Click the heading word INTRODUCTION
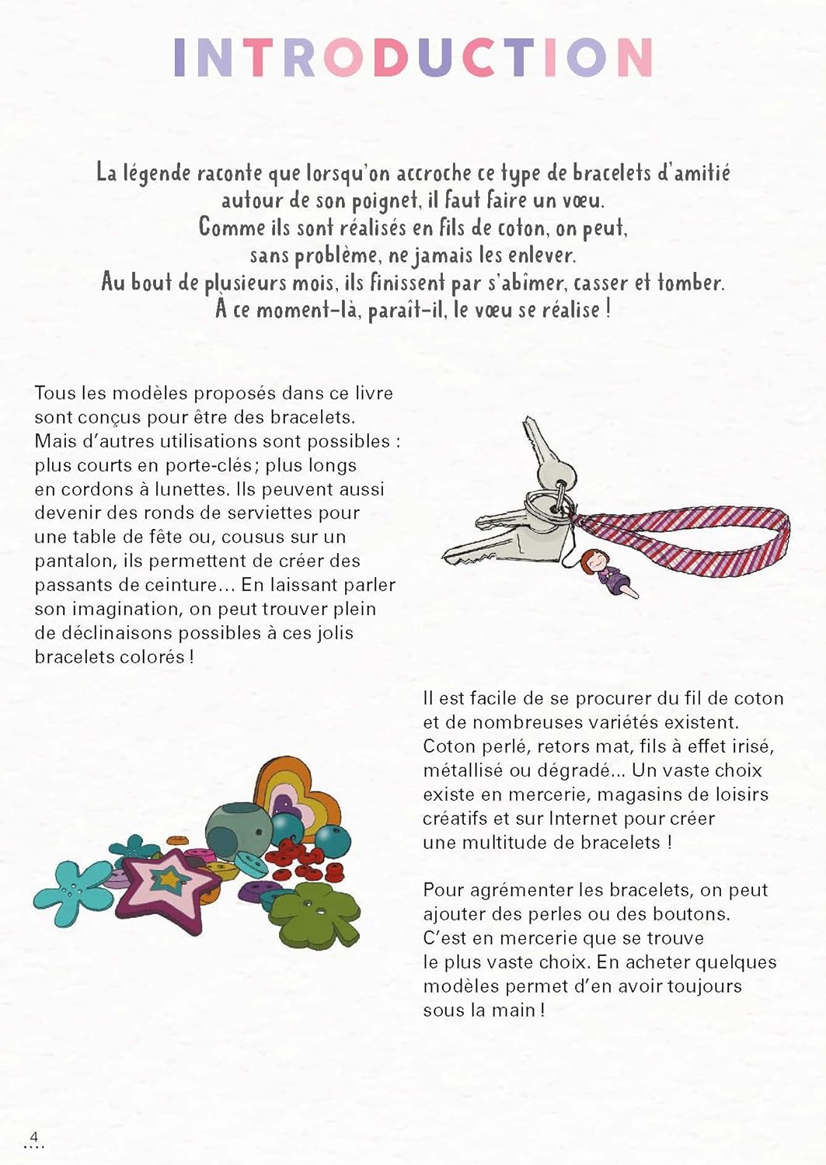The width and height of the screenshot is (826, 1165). click(413, 57)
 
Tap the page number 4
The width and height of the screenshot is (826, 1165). click(33, 1135)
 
